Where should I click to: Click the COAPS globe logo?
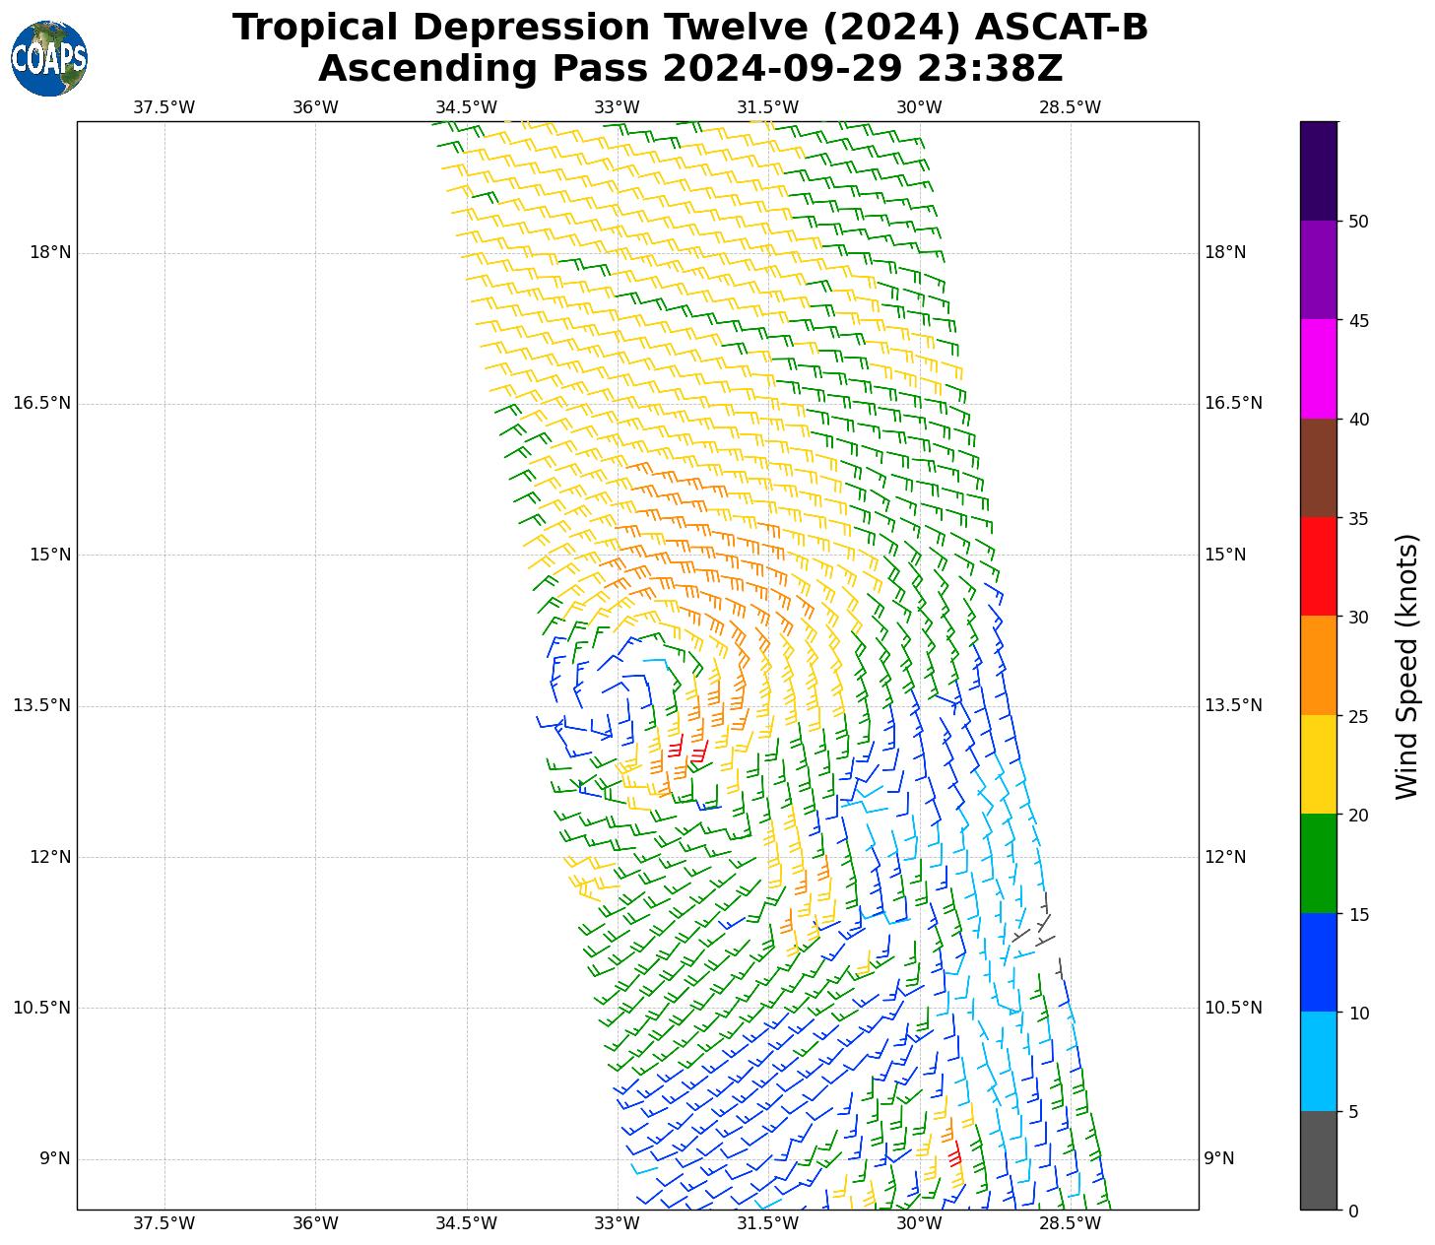[x=49, y=58]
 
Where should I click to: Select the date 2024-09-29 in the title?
[x=784, y=69]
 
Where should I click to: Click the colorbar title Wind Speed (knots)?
[x=1408, y=666]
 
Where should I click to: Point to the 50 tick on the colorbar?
[x=1358, y=222]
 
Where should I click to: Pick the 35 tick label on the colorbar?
[x=1358, y=518]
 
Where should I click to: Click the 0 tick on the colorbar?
[x=1353, y=1211]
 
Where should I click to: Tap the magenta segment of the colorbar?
[x=1319, y=368]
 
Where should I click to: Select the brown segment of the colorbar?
[x=1319, y=468]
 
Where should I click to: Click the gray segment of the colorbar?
[x=1319, y=1160]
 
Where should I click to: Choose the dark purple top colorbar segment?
[x=1319, y=170]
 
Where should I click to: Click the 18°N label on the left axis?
[x=50, y=252]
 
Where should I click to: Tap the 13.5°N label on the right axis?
[x=1233, y=705]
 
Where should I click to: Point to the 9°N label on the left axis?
[x=55, y=1158]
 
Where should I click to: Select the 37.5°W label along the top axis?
[x=164, y=107]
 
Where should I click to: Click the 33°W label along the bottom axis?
[x=618, y=1223]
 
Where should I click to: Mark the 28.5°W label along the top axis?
[x=1070, y=107]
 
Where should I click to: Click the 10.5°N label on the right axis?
[x=1233, y=1008]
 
